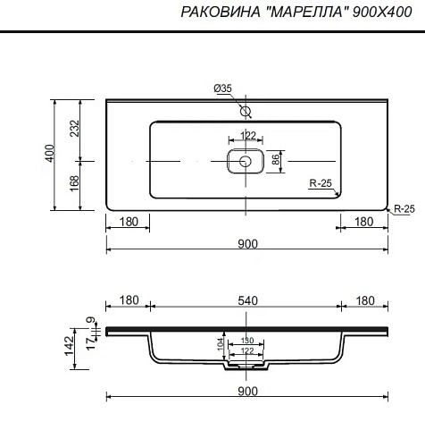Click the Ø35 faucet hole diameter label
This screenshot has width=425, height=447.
point(222,89)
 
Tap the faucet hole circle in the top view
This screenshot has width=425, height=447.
point(246,112)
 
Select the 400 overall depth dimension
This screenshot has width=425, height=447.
point(50,153)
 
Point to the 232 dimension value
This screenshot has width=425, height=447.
point(75,128)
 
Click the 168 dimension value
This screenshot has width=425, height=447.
point(75,183)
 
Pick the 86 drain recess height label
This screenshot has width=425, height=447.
point(276,160)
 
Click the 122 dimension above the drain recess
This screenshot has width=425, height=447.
point(247,136)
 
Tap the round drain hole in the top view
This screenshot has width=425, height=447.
point(246,161)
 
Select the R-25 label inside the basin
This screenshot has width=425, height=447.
point(321,183)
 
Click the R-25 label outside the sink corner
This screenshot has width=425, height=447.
point(404,208)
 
